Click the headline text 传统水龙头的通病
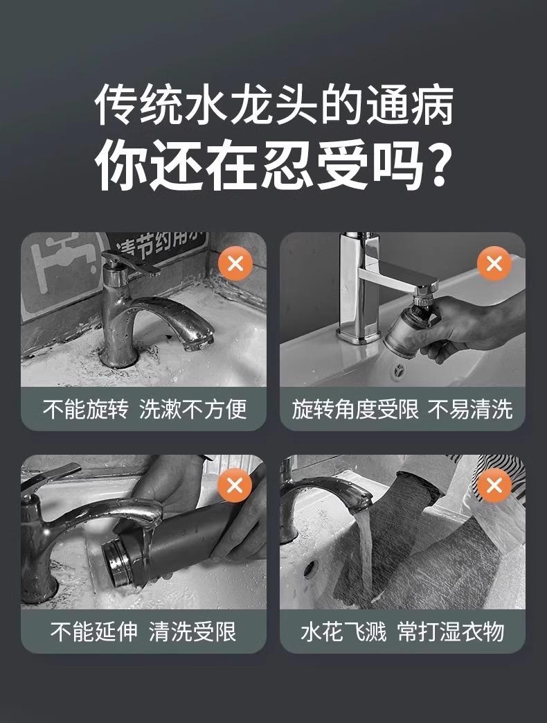(273, 105)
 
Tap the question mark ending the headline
(434, 164)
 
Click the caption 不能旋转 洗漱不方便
(145, 409)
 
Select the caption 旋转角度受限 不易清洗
(402, 409)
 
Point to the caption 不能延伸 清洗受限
(143, 631)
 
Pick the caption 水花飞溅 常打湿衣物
(402, 631)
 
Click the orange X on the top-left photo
(235, 263)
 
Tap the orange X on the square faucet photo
(494, 263)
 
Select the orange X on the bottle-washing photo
(235, 485)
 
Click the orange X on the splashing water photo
(494, 485)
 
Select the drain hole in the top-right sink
(398, 369)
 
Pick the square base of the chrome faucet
(359, 334)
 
